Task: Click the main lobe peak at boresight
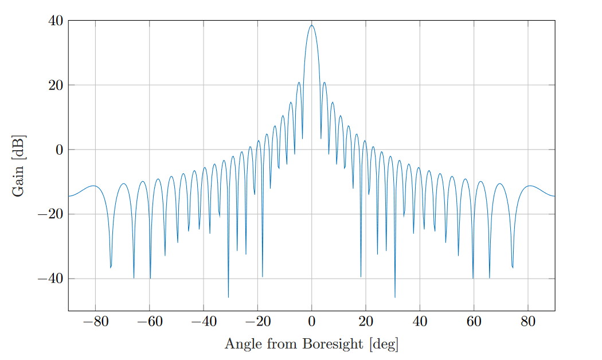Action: click(x=312, y=25)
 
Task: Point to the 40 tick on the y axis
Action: click(x=56, y=21)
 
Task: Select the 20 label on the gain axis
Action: click(x=56, y=85)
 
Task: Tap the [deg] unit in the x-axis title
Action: click(x=384, y=345)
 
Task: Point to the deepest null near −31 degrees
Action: click(x=228, y=297)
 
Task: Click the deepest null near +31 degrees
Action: click(x=395, y=297)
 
